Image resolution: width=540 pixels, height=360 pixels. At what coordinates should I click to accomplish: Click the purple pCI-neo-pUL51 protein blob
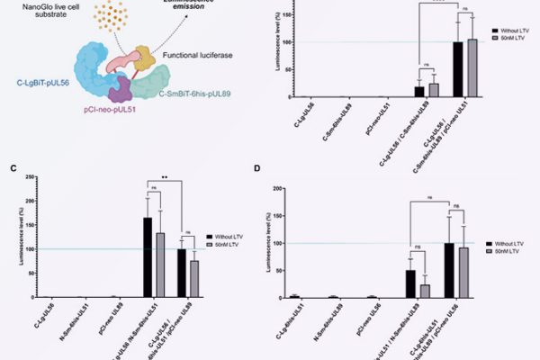[x=119, y=88]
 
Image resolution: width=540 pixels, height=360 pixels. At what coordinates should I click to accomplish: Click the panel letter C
[x=12, y=168]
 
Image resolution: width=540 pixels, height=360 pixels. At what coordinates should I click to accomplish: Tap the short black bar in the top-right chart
[x=418, y=91]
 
